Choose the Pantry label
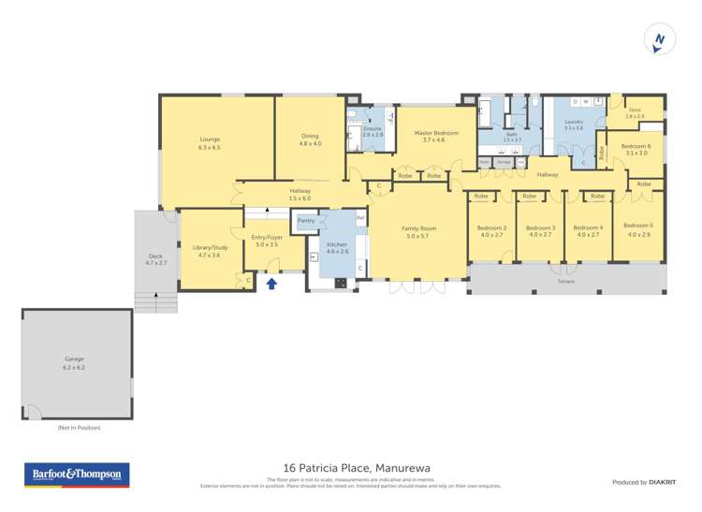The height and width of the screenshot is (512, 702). [306, 221]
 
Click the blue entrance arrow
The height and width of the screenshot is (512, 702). [272, 284]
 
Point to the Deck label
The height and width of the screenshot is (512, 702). [154, 259]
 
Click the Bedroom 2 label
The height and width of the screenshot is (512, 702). [491, 230]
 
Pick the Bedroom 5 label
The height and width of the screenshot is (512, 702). [638, 228]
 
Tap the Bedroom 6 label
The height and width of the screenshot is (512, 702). [636, 149]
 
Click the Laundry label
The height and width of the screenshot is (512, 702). [574, 124]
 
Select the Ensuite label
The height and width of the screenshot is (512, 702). [373, 131]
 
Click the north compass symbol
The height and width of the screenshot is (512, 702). [660, 39]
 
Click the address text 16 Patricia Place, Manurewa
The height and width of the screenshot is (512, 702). [350, 468]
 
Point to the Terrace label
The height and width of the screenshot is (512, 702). [565, 282]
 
